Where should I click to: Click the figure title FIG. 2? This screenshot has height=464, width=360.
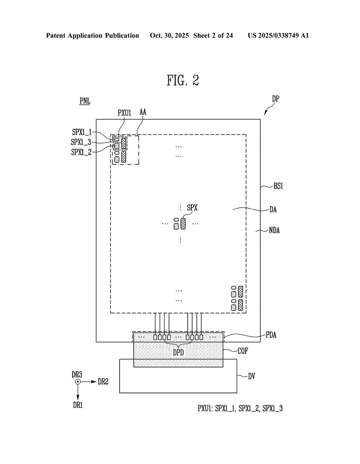click(182, 81)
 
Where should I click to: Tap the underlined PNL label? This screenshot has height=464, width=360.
click(85, 101)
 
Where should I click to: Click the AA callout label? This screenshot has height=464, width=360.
click(143, 113)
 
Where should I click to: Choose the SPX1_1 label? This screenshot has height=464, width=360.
click(82, 132)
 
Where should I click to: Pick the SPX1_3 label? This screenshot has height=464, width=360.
click(81, 142)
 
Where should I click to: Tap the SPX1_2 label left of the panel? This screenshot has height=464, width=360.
click(81, 152)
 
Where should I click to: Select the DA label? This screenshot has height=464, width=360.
click(273, 210)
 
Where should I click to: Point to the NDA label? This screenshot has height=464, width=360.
click(274, 230)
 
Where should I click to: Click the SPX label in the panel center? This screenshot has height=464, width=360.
click(192, 208)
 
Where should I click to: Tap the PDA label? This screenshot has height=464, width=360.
click(272, 335)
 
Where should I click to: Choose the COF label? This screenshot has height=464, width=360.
click(243, 350)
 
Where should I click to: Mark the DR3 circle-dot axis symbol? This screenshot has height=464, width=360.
click(78, 382)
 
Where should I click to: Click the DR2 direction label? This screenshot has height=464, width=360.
click(103, 382)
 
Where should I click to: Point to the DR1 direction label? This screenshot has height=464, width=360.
click(78, 405)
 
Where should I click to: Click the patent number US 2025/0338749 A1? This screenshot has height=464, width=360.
click(278, 35)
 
